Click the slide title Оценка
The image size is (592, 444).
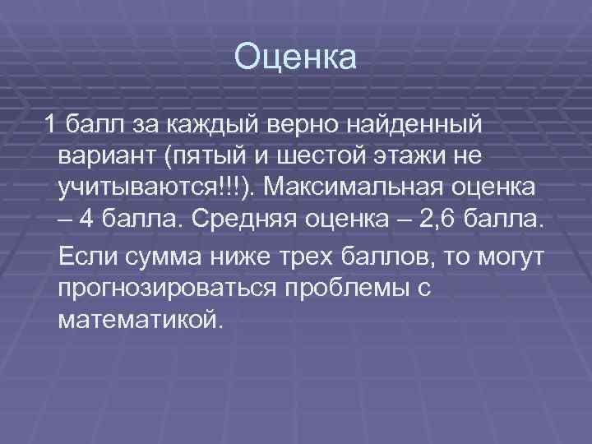(x=296, y=58)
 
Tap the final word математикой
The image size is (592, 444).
(x=141, y=318)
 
